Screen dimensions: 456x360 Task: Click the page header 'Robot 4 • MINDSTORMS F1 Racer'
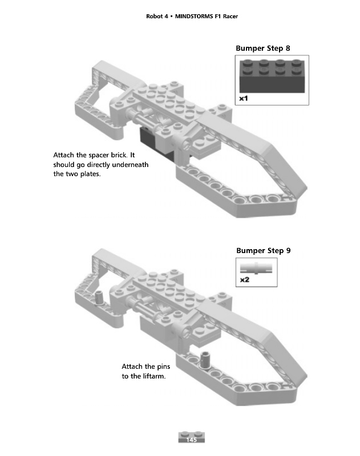(x=192, y=16)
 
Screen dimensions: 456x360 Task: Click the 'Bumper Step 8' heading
(x=263, y=48)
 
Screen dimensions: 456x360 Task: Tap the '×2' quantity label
(x=244, y=280)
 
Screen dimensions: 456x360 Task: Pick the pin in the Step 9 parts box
(x=257, y=267)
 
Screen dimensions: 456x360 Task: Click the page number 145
(x=191, y=440)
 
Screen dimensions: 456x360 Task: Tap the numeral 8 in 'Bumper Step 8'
(x=288, y=48)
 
